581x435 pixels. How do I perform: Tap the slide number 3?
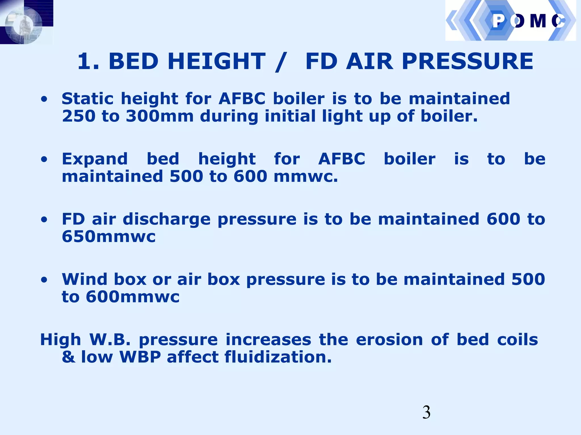[426, 412]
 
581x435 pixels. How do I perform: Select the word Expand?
[95, 159]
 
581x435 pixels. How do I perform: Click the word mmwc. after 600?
[306, 177]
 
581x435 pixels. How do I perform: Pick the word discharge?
[167, 219]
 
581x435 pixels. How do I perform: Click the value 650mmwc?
[109, 237]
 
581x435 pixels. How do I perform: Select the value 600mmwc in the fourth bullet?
[132, 297]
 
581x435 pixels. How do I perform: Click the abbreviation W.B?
[110, 340]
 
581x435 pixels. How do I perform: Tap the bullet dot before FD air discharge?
[44, 220]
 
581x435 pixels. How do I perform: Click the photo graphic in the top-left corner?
[26, 22]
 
